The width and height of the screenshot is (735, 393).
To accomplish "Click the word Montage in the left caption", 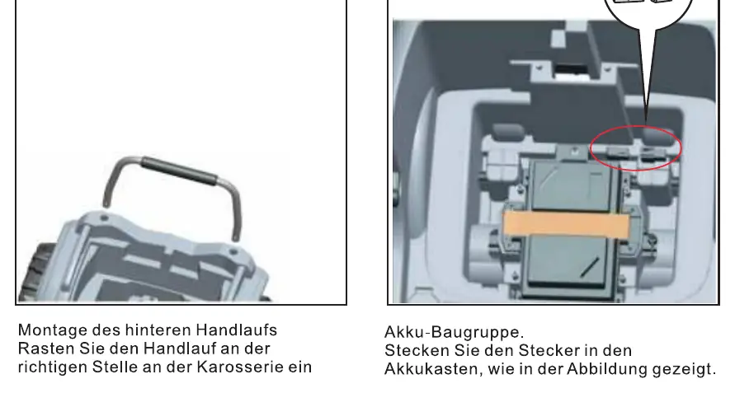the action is tap(53, 330).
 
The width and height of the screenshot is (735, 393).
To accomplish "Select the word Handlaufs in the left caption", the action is tap(236, 330).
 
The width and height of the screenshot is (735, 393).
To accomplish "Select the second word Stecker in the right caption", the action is tap(549, 350).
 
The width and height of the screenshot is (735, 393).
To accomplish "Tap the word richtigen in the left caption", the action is tap(53, 367).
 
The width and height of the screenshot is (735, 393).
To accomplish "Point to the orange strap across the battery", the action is tap(566, 223).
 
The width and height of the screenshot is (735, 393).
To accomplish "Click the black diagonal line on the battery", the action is tap(589, 267).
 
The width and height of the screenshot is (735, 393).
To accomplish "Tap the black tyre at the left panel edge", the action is tap(30, 278).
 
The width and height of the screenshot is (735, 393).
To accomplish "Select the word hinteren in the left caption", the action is tap(158, 330).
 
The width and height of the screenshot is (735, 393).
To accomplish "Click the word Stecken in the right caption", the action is tap(417, 350).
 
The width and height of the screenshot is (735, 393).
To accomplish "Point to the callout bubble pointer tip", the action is tap(646, 123).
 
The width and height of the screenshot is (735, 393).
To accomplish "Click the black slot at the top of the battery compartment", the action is tap(572, 71).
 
